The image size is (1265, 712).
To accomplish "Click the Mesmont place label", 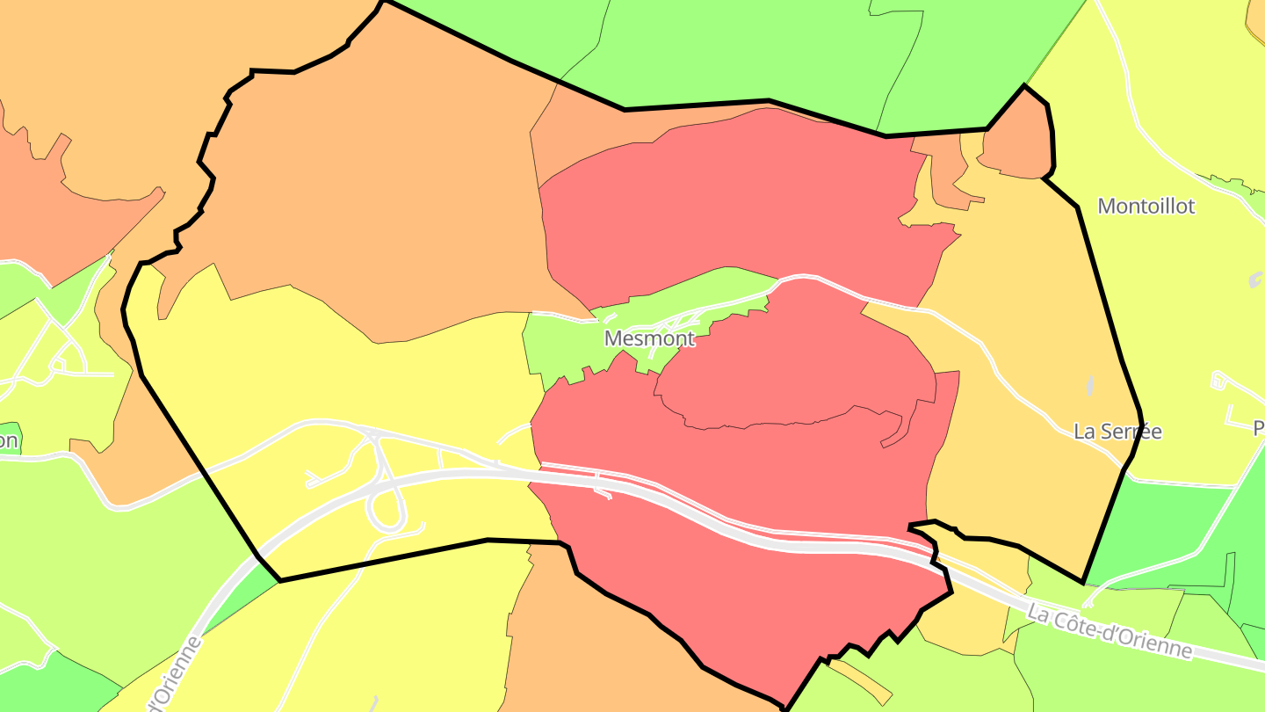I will coord(649,338).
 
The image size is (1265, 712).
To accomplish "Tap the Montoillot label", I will coord(1146,207).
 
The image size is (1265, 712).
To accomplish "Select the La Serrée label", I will coord(1117,432).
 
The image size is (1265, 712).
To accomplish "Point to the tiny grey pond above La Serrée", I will coord(1090,387).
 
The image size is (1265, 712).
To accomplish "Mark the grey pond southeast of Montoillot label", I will coord(1255,280).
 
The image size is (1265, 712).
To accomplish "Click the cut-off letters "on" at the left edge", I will coord(9,440).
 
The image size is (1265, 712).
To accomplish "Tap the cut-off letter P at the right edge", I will coord(1259,428).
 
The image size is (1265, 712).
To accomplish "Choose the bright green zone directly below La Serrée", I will coord(1160,527).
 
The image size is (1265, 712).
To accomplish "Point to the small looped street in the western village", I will coord(61,360).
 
